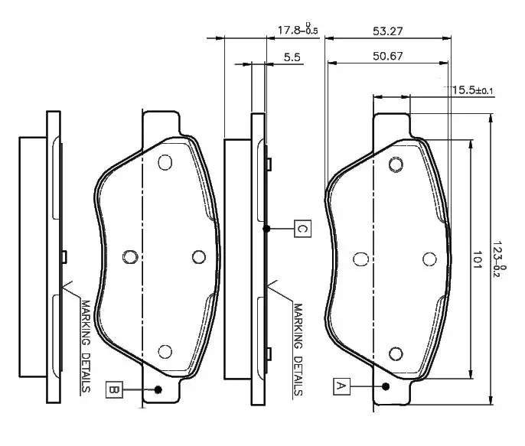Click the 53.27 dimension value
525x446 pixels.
tap(388, 31)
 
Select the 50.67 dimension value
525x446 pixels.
tap(388, 56)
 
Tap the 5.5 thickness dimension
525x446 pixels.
tap(292, 57)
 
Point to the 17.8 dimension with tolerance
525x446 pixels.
tap(297, 30)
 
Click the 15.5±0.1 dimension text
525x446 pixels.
tap(472, 90)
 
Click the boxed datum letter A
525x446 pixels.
tap(341, 387)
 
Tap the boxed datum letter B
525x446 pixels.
tap(112, 389)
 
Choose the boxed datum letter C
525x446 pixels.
tap(302, 228)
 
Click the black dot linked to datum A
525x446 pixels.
tap(386, 387)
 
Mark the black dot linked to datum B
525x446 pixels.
tap(158, 389)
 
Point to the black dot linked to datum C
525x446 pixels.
tap(266, 228)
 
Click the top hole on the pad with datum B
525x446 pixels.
tap(164, 162)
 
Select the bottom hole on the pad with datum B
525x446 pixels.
tap(164, 351)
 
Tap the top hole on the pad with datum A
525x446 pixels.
tap(396, 164)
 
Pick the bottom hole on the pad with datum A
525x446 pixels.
tap(396, 353)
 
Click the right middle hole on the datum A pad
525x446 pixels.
tap(428, 259)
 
